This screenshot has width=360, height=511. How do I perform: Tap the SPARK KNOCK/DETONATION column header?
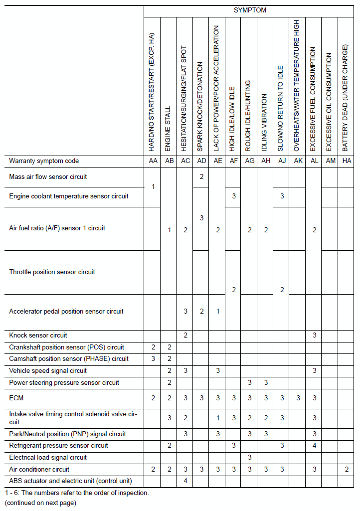point(201,107)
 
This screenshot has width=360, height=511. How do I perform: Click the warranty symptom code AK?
point(298,161)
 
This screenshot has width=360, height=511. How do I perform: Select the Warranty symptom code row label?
point(44,161)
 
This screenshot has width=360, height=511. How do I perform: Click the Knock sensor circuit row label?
point(38,335)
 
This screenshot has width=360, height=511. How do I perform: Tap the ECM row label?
point(16,398)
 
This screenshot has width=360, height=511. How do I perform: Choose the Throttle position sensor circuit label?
point(52,272)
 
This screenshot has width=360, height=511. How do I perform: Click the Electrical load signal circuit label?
point(48,458)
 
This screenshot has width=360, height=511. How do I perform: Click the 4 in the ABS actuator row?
point(185,481)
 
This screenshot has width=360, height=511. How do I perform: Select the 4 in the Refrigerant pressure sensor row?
point(314,446)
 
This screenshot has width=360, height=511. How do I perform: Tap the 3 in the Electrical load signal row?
point(249,458)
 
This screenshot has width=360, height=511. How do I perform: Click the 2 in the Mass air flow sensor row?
point(201,177)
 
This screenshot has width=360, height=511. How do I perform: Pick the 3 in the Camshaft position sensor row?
point(153,359)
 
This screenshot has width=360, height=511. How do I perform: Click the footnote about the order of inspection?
point(79,493)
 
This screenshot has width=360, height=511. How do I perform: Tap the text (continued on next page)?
point(40,503)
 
